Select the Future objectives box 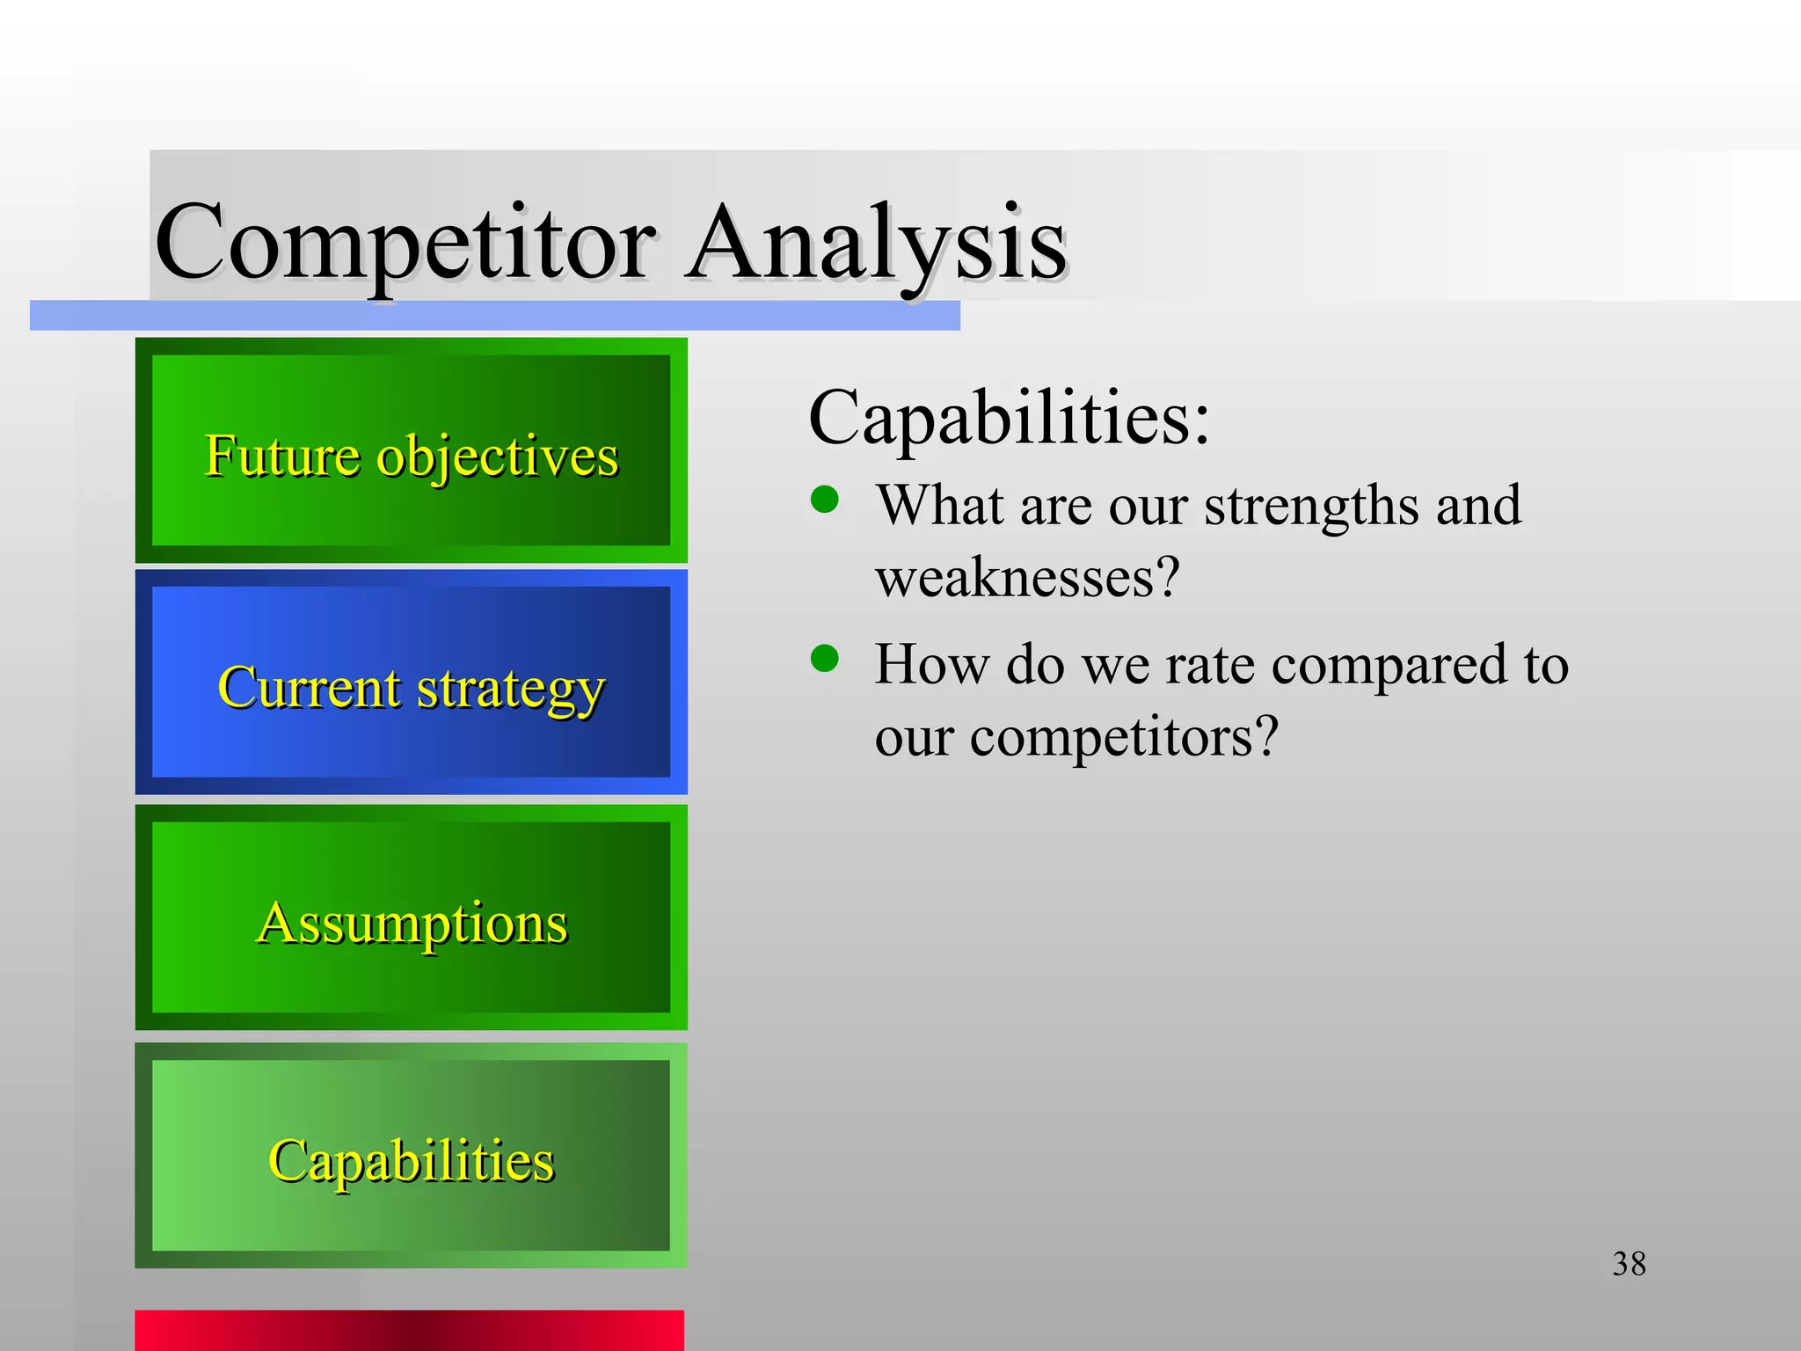point(411,450)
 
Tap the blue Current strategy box point(411,683)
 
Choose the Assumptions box point(411,917)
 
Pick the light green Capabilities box point(411,1155)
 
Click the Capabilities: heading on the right point(1009,418)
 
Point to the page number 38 point(1629,1264)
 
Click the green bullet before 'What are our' point(825,500)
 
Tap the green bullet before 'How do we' point(825,658)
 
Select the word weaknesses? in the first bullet point(1026,578)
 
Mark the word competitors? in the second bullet point(1123,736)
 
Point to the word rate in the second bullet point(1210,666)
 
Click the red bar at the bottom point(409,1330)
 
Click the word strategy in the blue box point(510,689)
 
